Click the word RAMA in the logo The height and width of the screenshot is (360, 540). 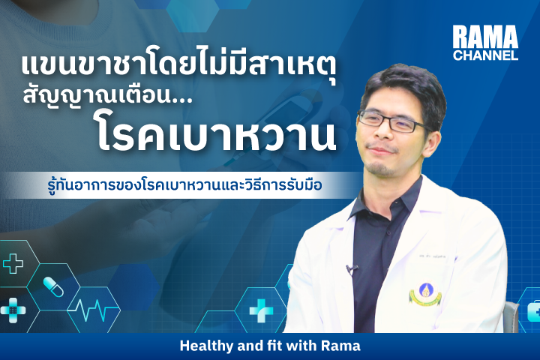tap(485, 37)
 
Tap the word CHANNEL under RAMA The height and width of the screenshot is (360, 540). tap(485, 55)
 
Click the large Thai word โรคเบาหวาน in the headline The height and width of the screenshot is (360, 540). tap(215, 135)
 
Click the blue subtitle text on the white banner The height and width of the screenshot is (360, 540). tap(184, 184)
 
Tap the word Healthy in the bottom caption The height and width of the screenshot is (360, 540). tap(206, 346)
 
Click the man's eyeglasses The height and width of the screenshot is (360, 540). tap(391, 121)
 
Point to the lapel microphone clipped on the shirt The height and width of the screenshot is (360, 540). tap(351, 269)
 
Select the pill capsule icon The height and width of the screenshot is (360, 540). tap(53, 287)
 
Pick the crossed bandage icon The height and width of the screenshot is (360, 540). tap(13, 310)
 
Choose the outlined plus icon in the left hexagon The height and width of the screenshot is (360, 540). tap(13, 263)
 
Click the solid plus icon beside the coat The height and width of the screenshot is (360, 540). tap(261, 310)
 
